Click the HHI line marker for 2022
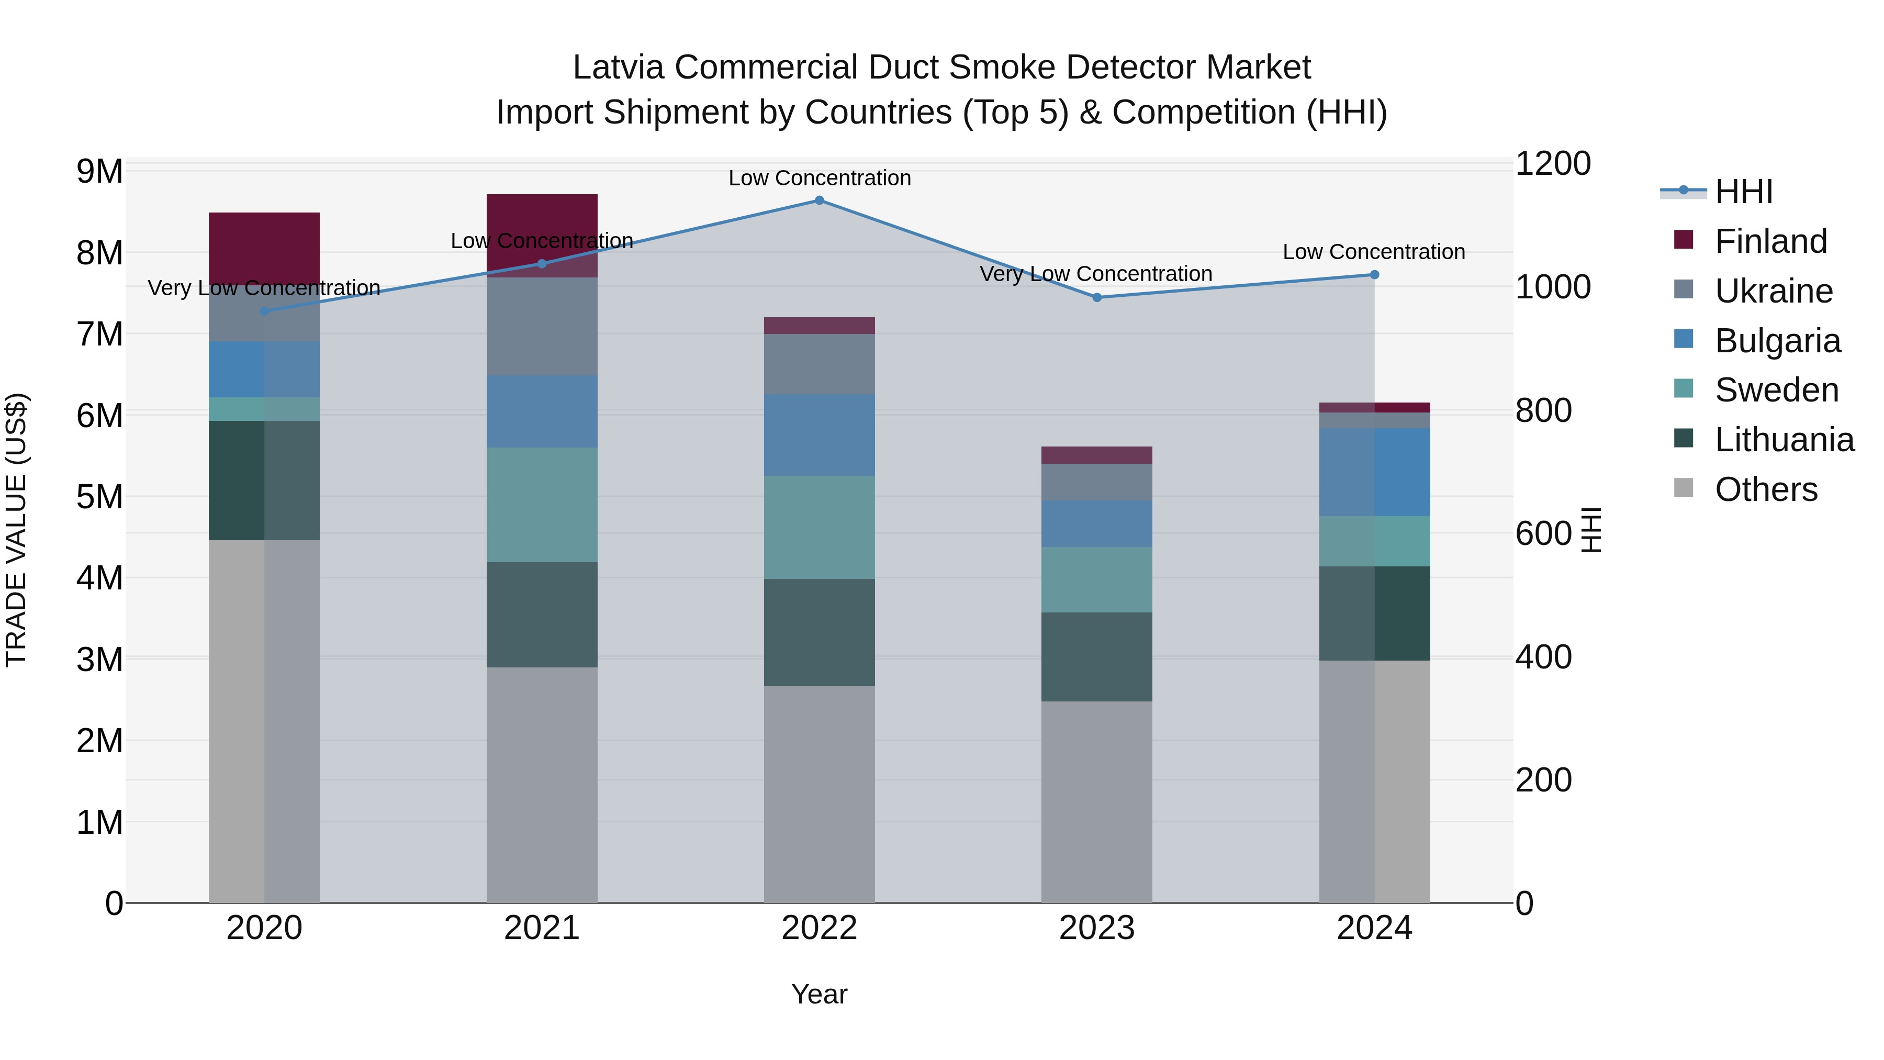click(819, 200)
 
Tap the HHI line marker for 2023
click(1096, 298)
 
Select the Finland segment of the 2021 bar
click(542, 219)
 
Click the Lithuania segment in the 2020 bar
click(264, 480)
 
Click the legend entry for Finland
click(1770, 241)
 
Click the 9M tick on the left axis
click(99, 171)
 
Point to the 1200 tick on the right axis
click(1552, 163)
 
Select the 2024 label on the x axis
click(1374, 928)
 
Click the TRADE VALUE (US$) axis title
click(16, 530)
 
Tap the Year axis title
click(819, 994)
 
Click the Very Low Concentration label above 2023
click(1095, 274)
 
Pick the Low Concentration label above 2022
click(819, 178)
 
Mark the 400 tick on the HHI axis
click(1543, 657)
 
